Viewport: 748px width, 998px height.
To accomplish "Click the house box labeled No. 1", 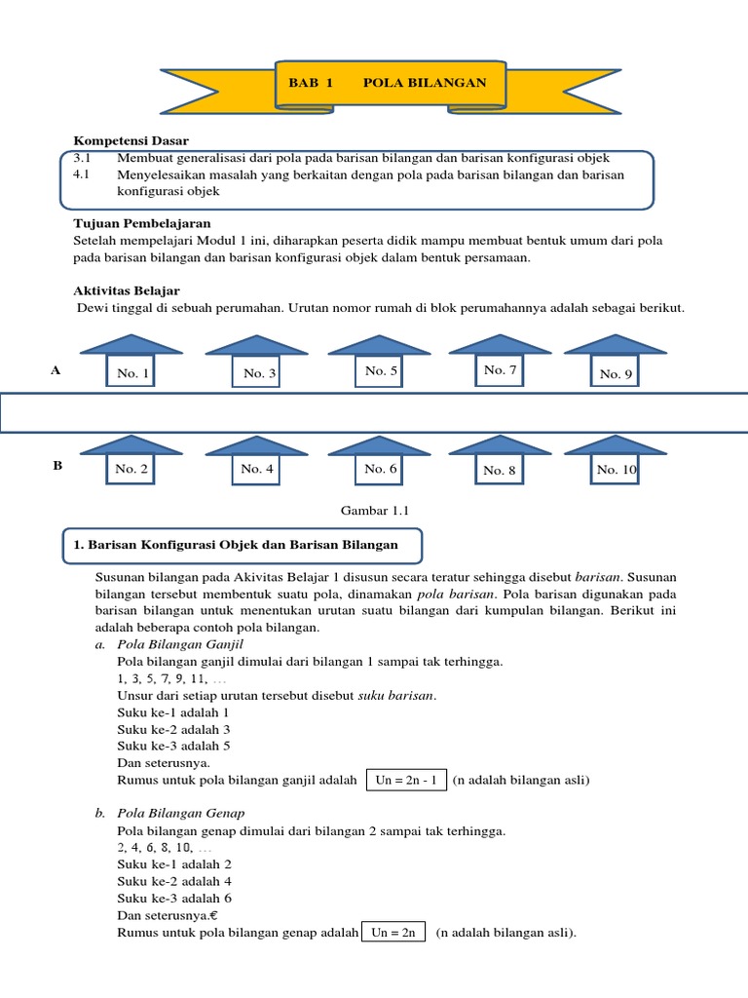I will (x=132, y=373).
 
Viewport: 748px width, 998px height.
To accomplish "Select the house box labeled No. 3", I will (x=259, y=373).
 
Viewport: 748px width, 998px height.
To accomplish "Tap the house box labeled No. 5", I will (x=381, y=371).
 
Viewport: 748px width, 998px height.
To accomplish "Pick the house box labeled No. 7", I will (x=500, y=370).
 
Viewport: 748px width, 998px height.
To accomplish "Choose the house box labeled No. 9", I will (x=617, y=373).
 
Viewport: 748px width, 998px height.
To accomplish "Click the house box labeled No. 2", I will (x=131, y=469).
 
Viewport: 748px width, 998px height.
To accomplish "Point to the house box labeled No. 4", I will (x=257, y=469).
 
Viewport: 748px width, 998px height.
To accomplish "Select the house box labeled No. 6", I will (x=381, y=469).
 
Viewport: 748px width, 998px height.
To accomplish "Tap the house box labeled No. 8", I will (x=500, y=470).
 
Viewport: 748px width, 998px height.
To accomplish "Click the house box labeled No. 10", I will (x=617, y=469).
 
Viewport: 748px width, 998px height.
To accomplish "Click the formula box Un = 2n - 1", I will (x=406, y=780).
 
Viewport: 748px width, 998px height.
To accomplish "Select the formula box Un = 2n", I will (x=393, y=932).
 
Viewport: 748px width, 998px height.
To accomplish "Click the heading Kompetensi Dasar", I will (x=131, y=141).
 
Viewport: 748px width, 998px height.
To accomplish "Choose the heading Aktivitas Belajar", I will (x=127, y=291).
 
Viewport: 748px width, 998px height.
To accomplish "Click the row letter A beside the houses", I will (x=56, y=371).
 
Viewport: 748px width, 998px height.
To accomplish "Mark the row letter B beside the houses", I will (x=57, y=466).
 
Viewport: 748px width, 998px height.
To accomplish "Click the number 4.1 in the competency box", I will (x=82, y=174).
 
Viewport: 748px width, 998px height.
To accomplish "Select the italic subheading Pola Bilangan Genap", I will (x=180, y=813).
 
